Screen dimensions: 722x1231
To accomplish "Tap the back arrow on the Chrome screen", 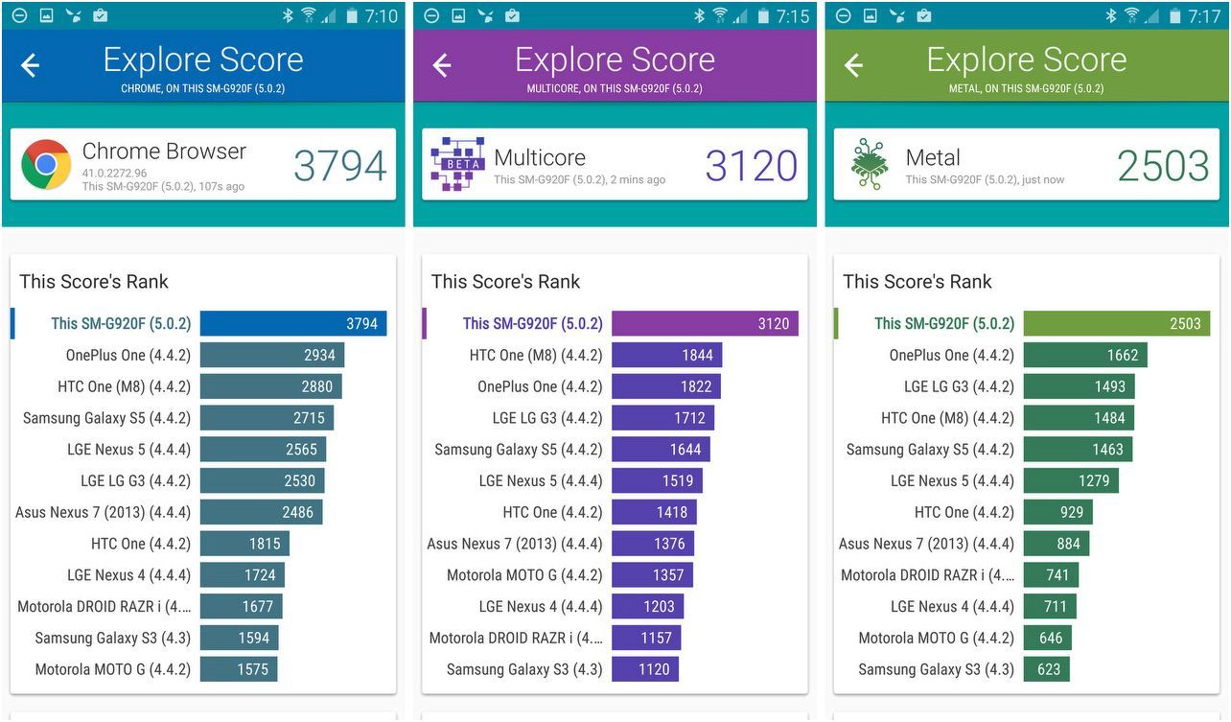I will (31, 65).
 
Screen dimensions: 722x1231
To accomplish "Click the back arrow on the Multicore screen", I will (442, 65).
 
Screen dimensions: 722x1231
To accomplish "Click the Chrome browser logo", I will (46, 165).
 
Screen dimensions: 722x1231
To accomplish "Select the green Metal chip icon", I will (870, 165).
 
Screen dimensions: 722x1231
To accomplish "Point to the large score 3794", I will (339, 166).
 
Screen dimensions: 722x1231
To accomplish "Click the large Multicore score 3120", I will (751, 166).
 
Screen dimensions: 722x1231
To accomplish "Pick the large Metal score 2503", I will (1163, 166).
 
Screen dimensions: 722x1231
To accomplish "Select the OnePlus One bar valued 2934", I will (272, 355).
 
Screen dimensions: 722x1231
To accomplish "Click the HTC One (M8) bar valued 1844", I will (666, 355).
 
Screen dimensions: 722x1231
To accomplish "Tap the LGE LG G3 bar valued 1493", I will (1079, 386).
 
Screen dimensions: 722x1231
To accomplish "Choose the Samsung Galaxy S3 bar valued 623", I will (1046, 669).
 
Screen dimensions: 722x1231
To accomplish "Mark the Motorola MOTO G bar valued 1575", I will (239, 669).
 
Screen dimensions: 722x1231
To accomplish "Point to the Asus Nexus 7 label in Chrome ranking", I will (103, 512).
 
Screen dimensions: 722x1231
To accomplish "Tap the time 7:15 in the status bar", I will (792, 16).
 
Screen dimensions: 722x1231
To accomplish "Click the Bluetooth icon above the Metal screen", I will (1111, 15).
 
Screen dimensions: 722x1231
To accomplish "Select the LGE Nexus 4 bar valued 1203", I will (647, 606).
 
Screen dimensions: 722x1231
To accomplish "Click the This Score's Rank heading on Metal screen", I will (917, 282).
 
